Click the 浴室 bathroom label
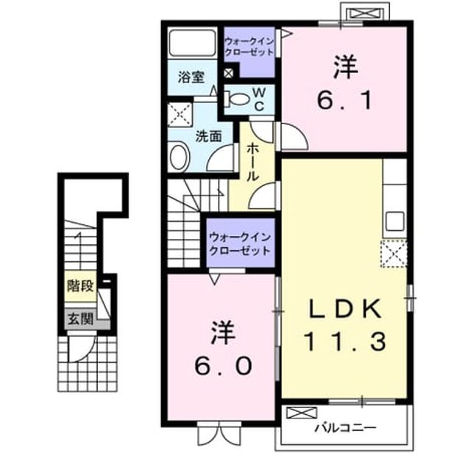click(191, 77)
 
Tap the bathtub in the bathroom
click(192, 42)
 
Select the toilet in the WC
click(238, 98)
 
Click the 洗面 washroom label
click(209, 137)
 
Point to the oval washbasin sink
click(179, 157)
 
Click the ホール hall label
click(252, 163)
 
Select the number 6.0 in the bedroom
click(222, 366)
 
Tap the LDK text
click(345, 309)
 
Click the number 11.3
click(344, 342)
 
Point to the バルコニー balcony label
click(345, 427)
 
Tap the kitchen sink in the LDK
click(395, 221)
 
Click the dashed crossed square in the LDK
click(394, 254)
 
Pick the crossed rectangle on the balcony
click(302, 413)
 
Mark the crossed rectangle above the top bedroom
click(365, 13)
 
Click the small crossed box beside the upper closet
click(229, 73)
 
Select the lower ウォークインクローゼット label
click(240, 243)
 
